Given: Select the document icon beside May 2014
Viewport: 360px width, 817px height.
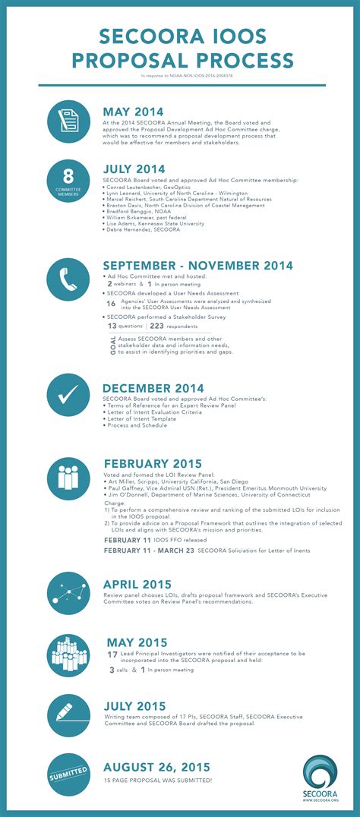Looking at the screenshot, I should [x=71, y=121].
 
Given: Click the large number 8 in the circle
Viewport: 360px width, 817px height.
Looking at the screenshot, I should [x=71, y=175].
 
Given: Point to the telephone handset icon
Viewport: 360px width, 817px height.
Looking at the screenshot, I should [x=71, y=280].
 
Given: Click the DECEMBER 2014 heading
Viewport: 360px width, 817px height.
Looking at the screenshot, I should [x=153, y=389].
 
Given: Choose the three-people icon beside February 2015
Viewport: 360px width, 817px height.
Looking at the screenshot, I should [x=71, y=478].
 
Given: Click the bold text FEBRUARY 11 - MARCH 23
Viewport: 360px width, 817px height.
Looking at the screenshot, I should [x=149, y=549].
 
